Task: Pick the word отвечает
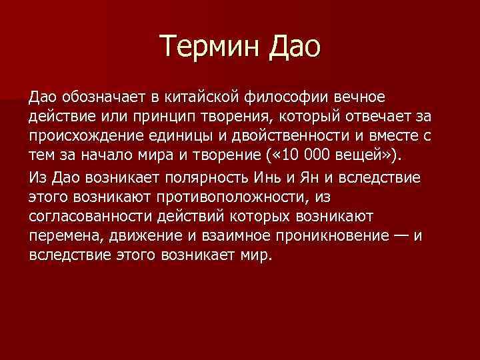tap(369, 118)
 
